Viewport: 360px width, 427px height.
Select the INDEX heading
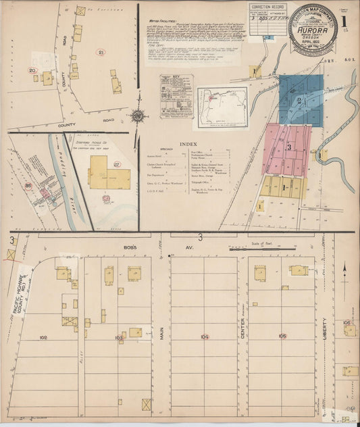[189, 144]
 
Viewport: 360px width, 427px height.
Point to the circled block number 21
[101, 52]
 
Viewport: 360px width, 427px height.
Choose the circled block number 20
[32, 70]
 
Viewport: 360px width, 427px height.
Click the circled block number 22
[116, 164]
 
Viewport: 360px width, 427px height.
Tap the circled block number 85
[28, 184]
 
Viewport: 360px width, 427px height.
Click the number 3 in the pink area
[288, 147]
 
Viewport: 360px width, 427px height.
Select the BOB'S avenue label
[131, 247]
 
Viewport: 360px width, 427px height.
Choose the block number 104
[205, 336]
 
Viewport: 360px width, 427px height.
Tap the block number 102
[44, 336]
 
